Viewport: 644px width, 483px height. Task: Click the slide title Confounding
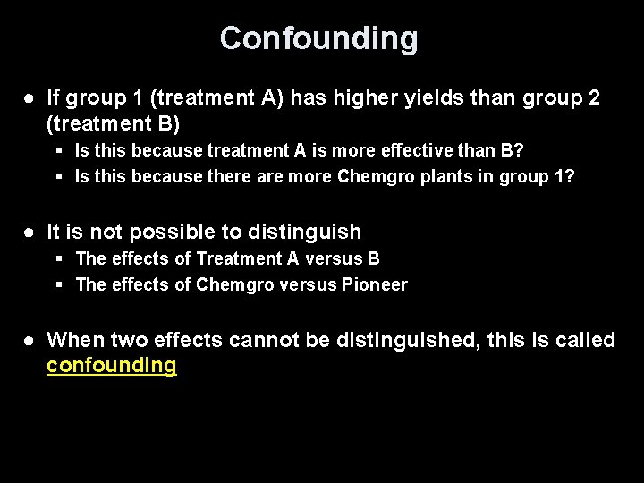(318, 38)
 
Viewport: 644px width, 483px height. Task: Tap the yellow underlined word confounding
(111, 366)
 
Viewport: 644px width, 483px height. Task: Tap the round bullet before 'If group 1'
(30, 98)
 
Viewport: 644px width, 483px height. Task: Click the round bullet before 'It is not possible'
(30, 233)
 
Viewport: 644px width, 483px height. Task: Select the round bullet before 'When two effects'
(30, 341)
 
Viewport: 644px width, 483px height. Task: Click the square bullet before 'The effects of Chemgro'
(58, 285)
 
